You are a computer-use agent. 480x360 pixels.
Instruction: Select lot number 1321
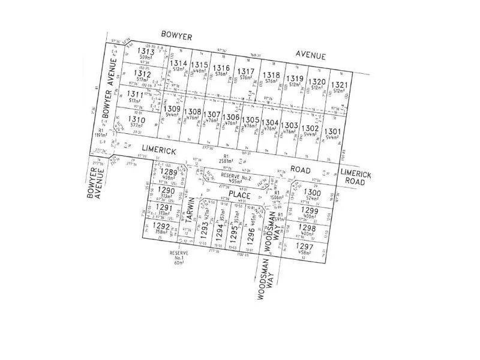point(339,85)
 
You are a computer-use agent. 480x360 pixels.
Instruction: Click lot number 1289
point(169,172)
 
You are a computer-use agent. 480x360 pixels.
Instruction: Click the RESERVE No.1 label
point(178,258)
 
